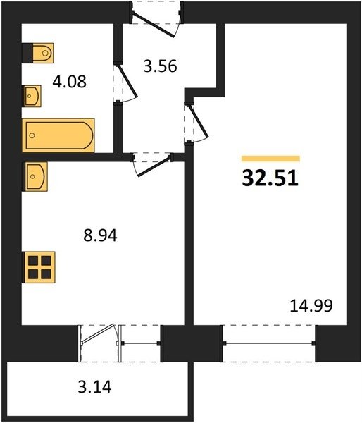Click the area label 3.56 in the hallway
tap(160, 66)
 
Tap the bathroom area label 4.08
tap(69, 82)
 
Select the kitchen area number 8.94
tap(100, 235)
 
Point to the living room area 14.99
tap(311, 306)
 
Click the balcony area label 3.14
tap(94, 386)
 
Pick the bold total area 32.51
tap(270, 178)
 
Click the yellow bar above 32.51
tap(270, 159)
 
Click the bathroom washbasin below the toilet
tap(32, 96)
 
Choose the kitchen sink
tap(35, 177)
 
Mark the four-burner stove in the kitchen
tap(39, 267)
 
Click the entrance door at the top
tap(156, 20)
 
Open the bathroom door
tap(125, 82)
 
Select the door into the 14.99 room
tap(196, 123)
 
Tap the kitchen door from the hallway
tap(152, 164)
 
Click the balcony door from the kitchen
tap(99, 343)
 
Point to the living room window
tap(269, 343)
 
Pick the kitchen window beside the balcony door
tap(140, 343)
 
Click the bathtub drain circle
tap(32, 135)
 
